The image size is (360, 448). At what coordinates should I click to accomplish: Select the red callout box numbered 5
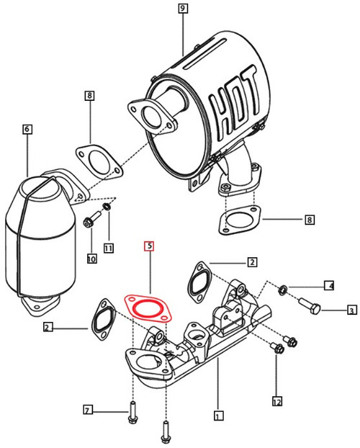tap(149, 246)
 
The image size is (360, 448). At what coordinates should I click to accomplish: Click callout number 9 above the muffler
tap(183, 9)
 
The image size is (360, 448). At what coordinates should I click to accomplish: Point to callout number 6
tap(27, 130)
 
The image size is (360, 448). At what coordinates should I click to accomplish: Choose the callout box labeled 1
tap(217, 415)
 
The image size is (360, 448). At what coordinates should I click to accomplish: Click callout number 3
tap(352, 310)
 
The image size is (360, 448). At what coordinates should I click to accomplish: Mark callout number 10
tap(91, 258)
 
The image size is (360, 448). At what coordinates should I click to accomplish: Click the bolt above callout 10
tap(90, 221)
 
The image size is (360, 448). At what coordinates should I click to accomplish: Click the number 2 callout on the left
tap(47, 328)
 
